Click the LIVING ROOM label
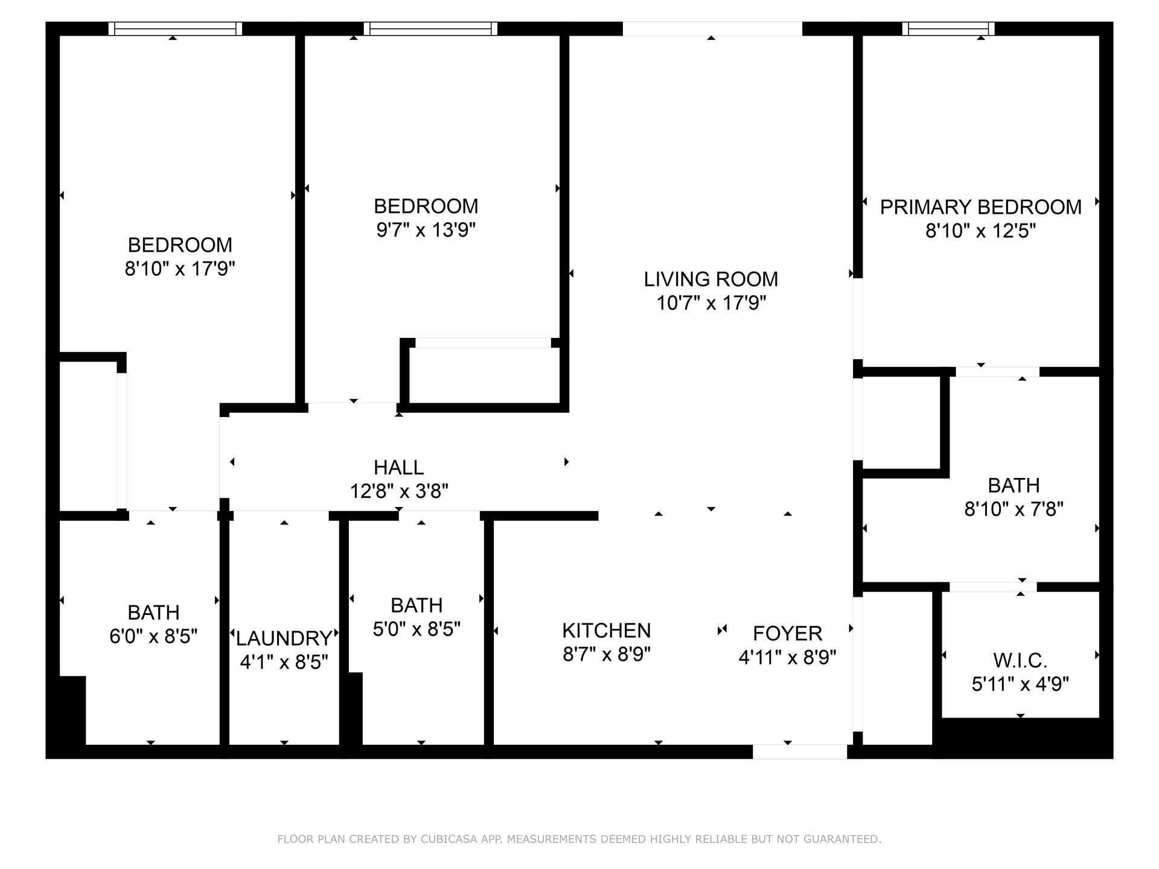pos(710,279)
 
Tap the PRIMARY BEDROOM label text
pos(980,207)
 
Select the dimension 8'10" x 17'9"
pos(179,269)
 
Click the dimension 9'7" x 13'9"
pos(426,230)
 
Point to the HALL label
pos(398,467)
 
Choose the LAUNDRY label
pos(284,638)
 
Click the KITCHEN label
pos(606,630)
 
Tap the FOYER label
pos(787,633)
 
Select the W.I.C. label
pos(1020,660)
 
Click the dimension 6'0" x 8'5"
pos(153,636)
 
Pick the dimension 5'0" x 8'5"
pos(417,629)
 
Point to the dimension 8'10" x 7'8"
pos(1014,509)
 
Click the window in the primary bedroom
pos(948,28)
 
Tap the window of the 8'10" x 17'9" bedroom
pos(175,28)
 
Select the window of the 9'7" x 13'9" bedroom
pos(430,28)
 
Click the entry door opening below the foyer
pos(800,751)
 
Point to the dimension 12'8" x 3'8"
pos(399,491)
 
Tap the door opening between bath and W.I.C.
pos(993,587)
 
